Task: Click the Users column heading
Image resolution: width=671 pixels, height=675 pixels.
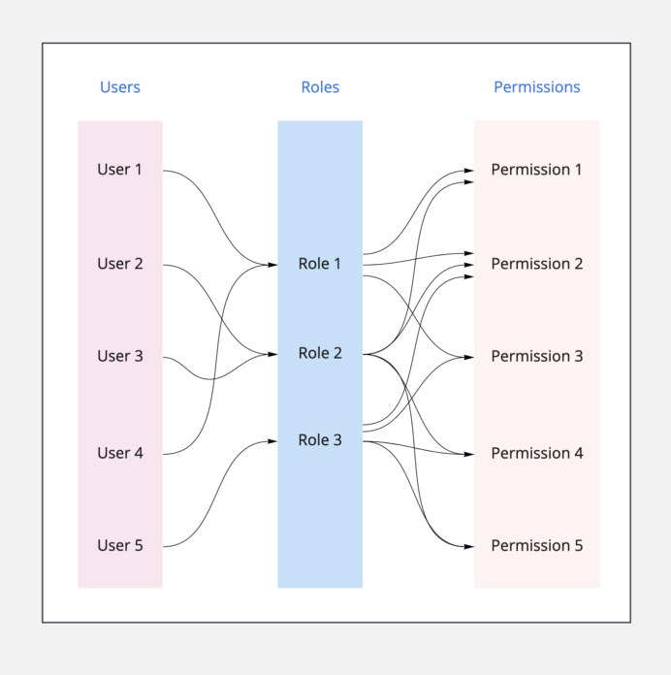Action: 119,87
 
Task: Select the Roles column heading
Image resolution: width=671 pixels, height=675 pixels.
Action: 320,87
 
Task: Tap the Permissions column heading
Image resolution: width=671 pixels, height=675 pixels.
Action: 536,87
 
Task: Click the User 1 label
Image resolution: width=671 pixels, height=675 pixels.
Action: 119,170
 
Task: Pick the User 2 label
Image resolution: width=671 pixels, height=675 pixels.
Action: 119,264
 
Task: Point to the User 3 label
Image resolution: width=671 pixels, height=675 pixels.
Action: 119,356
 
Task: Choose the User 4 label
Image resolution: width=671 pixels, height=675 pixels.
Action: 119,453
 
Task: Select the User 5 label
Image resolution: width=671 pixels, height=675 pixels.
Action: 119,545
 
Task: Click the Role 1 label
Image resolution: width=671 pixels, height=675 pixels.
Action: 320,264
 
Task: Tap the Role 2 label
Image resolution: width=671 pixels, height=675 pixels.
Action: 320,353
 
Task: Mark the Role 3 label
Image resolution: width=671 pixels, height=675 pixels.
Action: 320,440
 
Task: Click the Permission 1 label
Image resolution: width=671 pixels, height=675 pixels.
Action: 536,170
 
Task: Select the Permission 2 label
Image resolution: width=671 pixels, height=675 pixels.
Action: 536,264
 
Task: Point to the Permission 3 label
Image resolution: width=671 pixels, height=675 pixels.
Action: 536,356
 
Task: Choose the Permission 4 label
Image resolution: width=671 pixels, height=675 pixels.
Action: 536,453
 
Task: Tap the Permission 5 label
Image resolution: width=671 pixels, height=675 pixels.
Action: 536,545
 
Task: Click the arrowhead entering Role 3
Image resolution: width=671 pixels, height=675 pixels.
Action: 273,441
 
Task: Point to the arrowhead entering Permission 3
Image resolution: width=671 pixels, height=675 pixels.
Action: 469,357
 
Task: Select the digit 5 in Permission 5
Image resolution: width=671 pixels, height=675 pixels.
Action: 578,545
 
